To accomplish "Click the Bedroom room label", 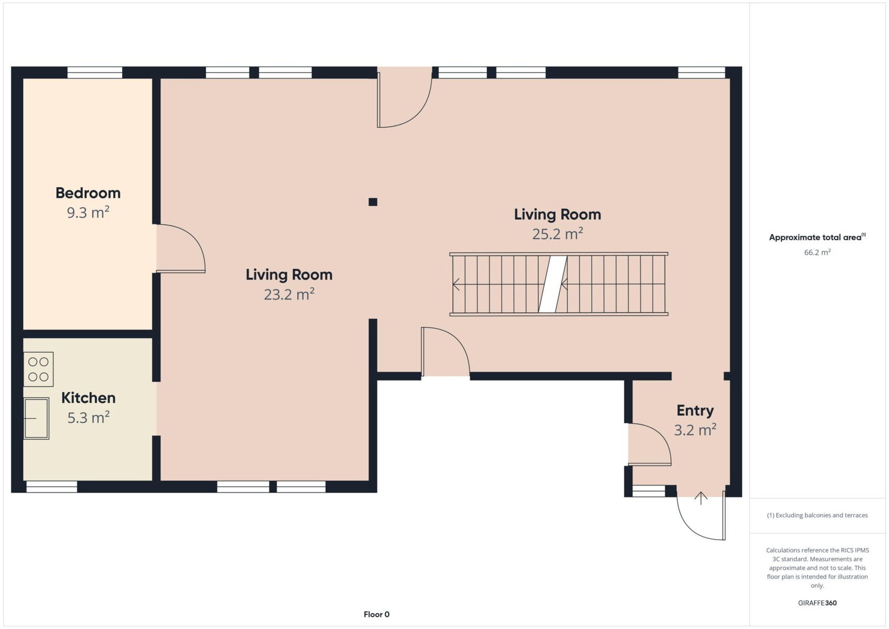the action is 88,193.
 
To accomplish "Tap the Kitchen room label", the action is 88,398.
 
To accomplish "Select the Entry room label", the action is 695,411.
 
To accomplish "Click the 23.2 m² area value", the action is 289,294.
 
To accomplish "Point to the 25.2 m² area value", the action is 557,234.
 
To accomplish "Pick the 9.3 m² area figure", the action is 88,212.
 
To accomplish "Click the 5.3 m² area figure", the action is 88,417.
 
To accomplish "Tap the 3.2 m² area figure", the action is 695,430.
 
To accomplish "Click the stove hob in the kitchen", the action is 38,369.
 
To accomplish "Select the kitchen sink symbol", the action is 37,418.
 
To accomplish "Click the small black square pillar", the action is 373,202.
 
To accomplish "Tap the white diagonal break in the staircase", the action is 552,284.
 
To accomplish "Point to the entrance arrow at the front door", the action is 701,498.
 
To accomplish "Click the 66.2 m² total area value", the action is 817,252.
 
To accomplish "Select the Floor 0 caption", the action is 376,615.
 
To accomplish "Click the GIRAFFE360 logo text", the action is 817,603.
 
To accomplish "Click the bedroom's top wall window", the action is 95,73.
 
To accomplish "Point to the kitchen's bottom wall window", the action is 52,487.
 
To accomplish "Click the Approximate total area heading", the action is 817,237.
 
